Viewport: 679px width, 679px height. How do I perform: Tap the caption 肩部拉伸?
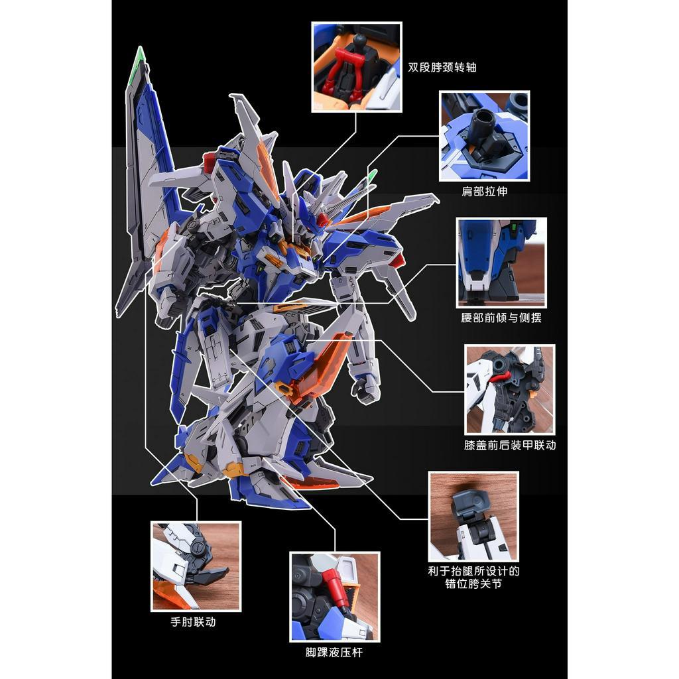point(484,192)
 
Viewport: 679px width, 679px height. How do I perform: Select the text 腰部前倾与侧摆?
point(501,318)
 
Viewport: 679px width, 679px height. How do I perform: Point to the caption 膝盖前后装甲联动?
point(510,445)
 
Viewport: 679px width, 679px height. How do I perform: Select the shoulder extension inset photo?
point(484,136)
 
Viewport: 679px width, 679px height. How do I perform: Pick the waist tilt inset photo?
point(502,261)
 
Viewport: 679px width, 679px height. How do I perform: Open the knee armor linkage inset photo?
point(509,389)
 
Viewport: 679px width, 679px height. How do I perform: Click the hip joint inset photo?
point(473,516)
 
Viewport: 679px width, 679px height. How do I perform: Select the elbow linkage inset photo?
point(196,566)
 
